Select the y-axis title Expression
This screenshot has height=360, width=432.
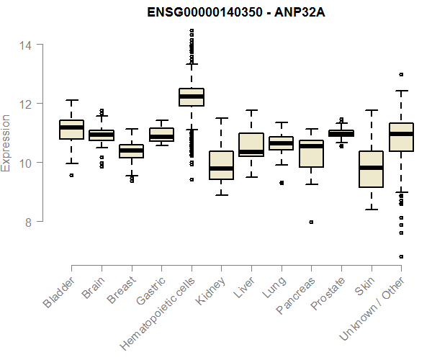(6, 143)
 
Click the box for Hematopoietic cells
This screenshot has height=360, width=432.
(191, 97)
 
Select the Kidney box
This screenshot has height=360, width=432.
(221, 166)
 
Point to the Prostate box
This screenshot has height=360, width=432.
(341, 133)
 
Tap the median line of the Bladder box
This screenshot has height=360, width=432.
(71, 127)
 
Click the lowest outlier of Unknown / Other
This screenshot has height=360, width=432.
(401, 256)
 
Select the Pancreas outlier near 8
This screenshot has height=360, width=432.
(311, 222)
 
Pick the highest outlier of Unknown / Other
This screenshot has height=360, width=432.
(401, 74)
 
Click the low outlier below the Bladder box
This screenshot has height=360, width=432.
(71, 175)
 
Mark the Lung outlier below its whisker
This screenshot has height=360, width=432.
(281, 183)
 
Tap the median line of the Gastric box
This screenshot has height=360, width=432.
(161, 137)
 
